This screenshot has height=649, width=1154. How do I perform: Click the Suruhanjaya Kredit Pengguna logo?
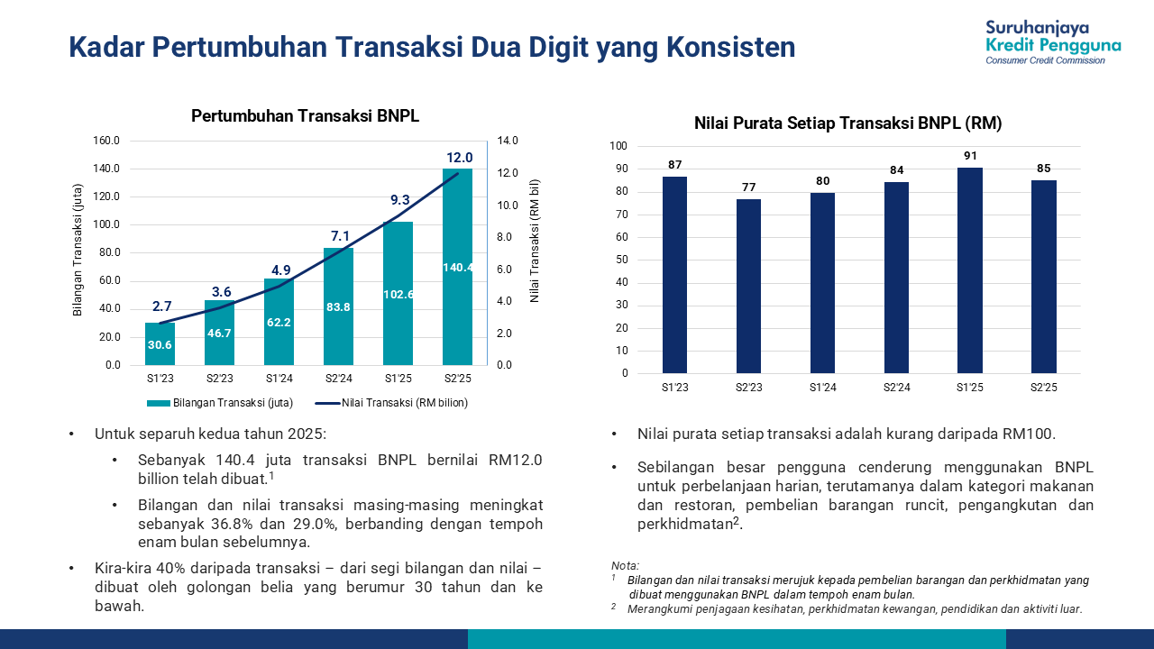(x=1053, y=42)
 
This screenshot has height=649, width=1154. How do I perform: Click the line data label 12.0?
(x=457, y=158)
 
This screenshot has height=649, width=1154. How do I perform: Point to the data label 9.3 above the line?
(x=399, y=200)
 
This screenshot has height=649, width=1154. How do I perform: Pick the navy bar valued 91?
(x=970, y=270)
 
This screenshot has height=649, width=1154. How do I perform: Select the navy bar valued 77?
(x=748, y=286)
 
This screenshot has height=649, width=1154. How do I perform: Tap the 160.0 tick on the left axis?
(x=106, y=141)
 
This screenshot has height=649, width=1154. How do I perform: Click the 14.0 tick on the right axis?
(x=508, y=141)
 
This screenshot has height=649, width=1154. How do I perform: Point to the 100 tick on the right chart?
(x=618, y=146)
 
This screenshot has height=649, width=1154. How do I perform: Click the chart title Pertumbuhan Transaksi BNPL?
(x=305, y=116)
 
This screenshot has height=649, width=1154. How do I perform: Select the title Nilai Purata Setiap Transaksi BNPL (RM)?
(x=847, y=123)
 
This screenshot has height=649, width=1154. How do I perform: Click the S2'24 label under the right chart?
(x=896, y=387)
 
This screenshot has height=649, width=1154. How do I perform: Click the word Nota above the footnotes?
(x=625, y=565)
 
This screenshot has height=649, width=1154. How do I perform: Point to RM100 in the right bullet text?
(x=1029, y=434)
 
